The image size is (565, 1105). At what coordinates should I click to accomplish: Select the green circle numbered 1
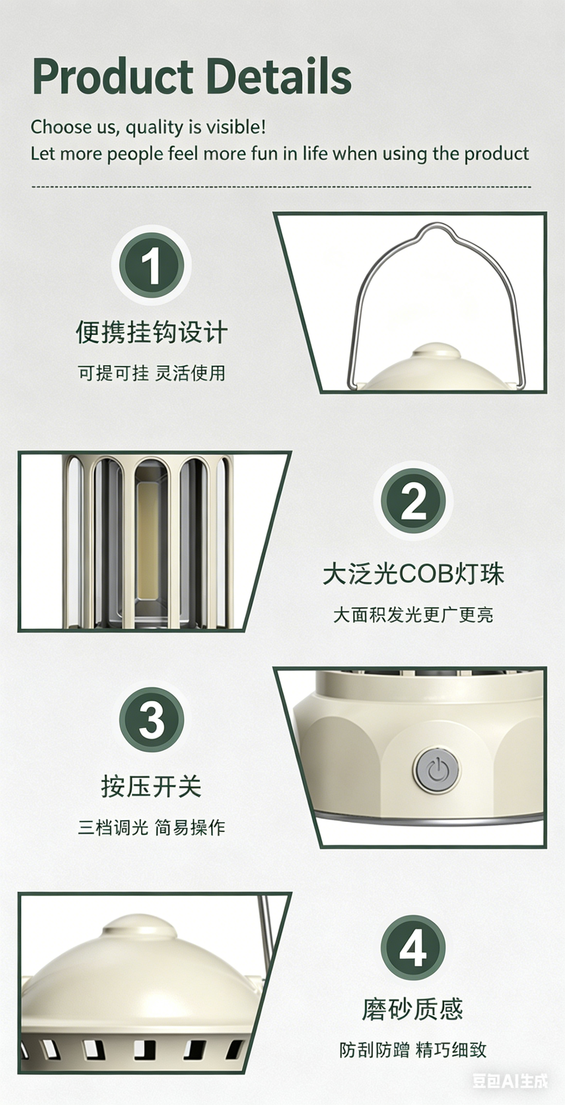pos(151,265)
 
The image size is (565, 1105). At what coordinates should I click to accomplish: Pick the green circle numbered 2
pos(413,501)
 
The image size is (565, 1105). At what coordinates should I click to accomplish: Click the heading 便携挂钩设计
pos(151,332)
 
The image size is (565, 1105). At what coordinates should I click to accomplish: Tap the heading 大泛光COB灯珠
pos(413,574)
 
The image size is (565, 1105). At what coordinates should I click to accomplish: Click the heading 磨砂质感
pos(413,1009)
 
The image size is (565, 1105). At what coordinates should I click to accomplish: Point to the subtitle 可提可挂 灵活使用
pos(151,373)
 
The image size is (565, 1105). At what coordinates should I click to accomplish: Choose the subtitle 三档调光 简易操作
pos(151,827)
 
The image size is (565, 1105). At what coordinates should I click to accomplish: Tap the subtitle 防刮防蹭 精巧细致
pos(413,1050)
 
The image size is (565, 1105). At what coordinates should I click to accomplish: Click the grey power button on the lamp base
pos(436,769)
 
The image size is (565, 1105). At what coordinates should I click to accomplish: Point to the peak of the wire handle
pos(436,224)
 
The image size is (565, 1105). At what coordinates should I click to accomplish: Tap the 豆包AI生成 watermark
pos(510,1081)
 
